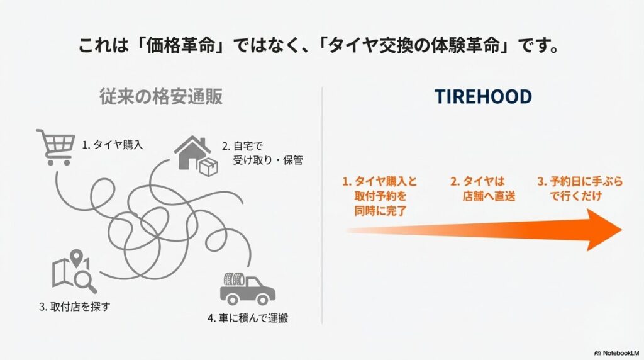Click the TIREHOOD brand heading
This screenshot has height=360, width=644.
(x=483, y=96)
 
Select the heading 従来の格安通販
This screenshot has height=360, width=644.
(x=161, y=96)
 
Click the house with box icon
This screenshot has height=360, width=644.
(x=196, y=156)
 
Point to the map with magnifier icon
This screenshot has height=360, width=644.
(x=74, y=271)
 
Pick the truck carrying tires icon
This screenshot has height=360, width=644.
(x=247, y=288)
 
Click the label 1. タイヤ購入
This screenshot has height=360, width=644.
(x=113, y=145)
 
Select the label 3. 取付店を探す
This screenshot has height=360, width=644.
(x=75, y=307)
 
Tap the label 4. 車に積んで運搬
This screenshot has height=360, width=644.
(x=248, y=318)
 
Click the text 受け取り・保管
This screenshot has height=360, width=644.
(x=268, y=160)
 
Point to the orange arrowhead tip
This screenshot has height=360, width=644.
(x=622, y=230)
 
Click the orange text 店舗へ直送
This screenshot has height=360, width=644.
(x=489, y=196)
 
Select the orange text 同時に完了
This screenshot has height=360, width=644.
(x=380, y=211)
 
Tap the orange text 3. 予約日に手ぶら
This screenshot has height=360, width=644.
(x=580, y=181)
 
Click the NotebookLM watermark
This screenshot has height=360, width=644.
(x=616, y=353)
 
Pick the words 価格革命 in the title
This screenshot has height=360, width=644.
(x=180, y=45)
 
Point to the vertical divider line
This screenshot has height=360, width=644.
(x=322, y=205)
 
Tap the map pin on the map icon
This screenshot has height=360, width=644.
(x=76, y=257)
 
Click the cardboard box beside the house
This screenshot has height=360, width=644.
(x=208, y=167)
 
